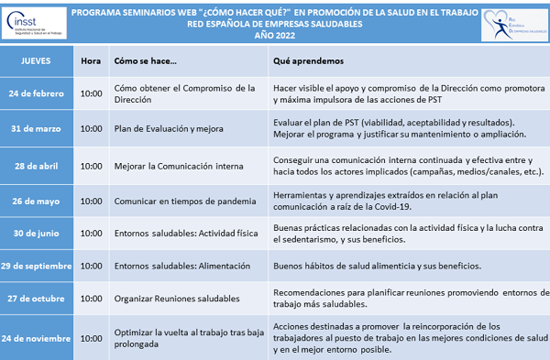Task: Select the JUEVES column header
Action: click(x=36, y=62)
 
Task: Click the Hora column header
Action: click(x=91, y=62)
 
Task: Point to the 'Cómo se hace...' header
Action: click(x=145, y=62)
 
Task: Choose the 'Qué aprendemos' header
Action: click(x=308, y=62)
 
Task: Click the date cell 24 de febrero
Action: click(x=37, y=93)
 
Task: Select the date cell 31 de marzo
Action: click(x=37, y=128)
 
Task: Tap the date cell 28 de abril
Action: click(x=37, y=166)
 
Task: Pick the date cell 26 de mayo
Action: click(x=37, y=200)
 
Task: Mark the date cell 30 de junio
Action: click(x=37, y=233)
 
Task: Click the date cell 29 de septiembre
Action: click(x=37, y=266)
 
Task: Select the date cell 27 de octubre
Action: click(x=37, y=298)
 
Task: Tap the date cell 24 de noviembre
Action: click(x=37, y=337)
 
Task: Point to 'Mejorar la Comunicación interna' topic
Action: click(x=178, y=166)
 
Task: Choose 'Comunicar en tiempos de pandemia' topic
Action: click(x=185, y=200)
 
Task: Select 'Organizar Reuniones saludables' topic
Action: click(x=176, y=298)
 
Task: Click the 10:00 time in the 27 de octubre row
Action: click(x=91, y=298)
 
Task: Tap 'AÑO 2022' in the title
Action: click(x=275, y=36)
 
